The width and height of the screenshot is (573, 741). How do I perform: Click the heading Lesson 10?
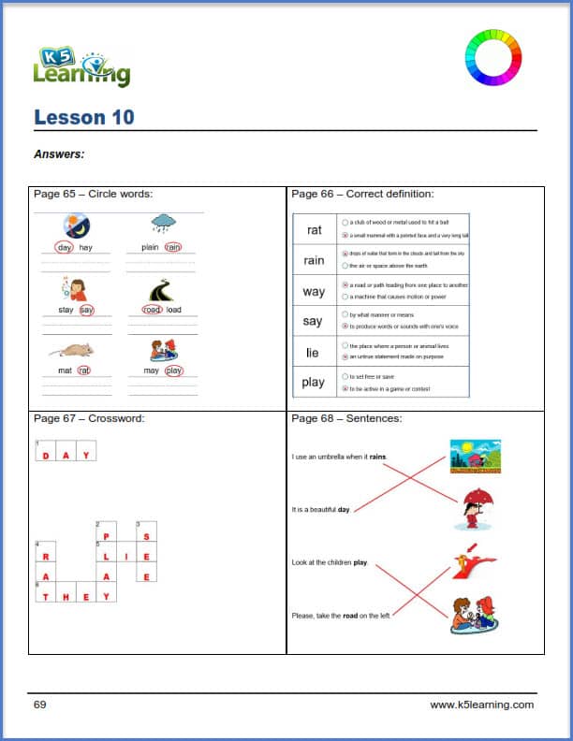[x=84, y=117]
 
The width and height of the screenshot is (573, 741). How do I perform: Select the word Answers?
[x=59, y=154]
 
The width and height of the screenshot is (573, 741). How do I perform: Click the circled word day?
[x=64, y=248]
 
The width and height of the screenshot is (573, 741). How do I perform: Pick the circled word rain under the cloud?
[x=172, y=248]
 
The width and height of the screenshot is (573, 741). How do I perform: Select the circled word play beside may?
[x=173, y=370]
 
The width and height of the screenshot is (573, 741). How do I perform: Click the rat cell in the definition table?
[x=314, y=229]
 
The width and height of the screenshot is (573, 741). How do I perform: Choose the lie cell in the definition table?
[x=313, y=353]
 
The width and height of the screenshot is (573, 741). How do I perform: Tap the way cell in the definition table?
[x=314, y=291]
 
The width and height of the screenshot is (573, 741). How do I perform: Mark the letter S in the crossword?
[x=146, y=536]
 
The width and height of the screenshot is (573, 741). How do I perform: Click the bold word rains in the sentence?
[x=377, y=457]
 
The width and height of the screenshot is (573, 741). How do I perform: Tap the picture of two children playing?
[x=473, y=616]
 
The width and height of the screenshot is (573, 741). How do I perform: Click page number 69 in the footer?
[x=40, y=705]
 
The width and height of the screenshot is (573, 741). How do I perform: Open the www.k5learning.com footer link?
[x=481, y=705]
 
